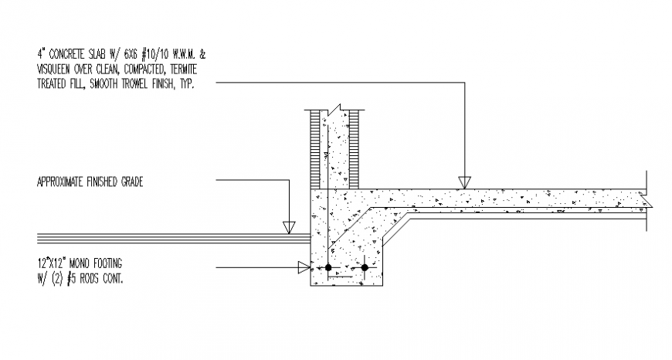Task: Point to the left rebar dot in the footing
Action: coord(328,268)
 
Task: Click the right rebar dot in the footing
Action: coord(365,268)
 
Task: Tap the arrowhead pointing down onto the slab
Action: coord(463,182)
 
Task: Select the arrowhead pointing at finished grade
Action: coord(289,227)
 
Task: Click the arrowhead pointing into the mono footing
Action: coord(304,268)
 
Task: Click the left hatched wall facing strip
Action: coord(315,150)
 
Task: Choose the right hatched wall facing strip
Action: coord(354,150)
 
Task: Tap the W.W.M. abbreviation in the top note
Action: coord(185,55)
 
